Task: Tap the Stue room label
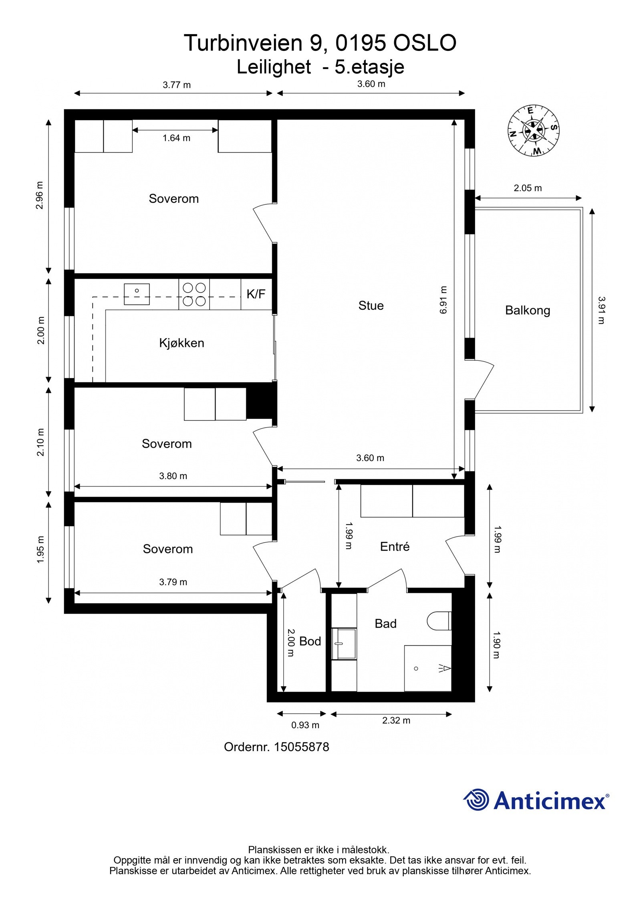[x=371, y=305]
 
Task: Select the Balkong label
[x=527, y=310]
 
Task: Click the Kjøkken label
[x=181, y=343]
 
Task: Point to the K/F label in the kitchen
[x=256, y=294]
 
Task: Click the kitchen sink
[x=137, y=294]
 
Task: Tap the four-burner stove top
[x=194, y=294]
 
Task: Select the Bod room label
[x=310, y=641]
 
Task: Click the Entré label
[x=395, y=546]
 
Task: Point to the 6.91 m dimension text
[x=443, y=300]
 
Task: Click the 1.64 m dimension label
[x=176, y=138]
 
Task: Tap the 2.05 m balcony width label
[x=528, y=188]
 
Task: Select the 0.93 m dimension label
[x=305, y=725]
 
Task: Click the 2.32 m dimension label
[x=396, y=720]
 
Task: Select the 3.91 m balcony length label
[x=601, y=310]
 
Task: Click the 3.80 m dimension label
[x=173, y=476]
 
